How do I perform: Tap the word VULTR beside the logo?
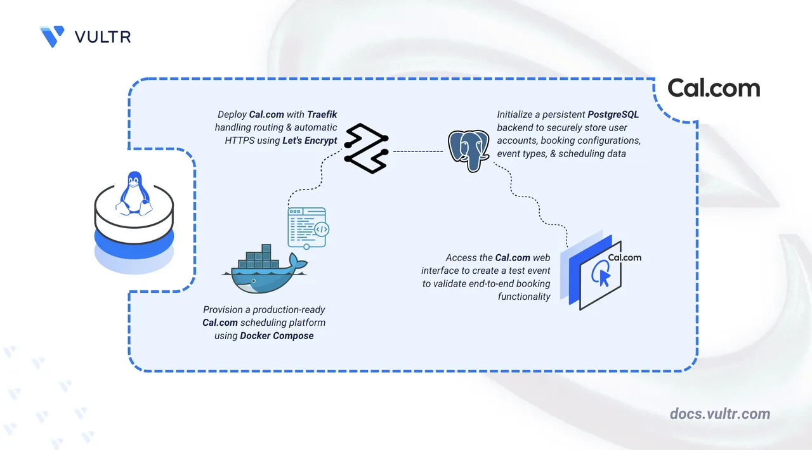click(103, 37)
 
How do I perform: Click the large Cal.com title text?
click(714, 88)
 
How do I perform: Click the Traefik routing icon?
click(365, 150)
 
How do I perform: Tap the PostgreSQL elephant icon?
click(470, 150)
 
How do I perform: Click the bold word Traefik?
click(322, 115)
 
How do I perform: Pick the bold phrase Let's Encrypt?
click(309, 140)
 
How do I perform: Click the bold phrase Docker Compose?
click(277, 335)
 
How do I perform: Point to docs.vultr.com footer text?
click(720, 414)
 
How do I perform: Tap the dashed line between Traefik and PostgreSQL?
click(417, 151)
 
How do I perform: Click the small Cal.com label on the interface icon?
click(624, 257)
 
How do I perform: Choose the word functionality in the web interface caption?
click(524, 296)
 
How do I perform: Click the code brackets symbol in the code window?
click(321, 230)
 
